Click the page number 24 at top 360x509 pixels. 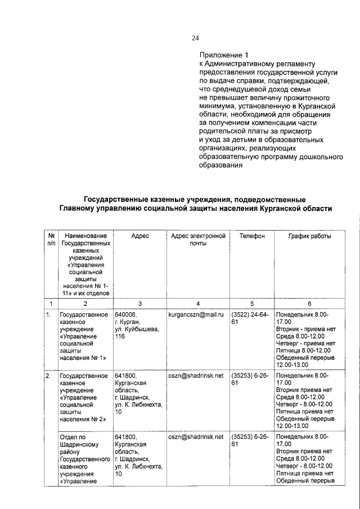coord(195,38)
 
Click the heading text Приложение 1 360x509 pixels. coord(223,55)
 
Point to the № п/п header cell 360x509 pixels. coord(51,240)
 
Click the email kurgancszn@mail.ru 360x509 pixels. coord(196,314)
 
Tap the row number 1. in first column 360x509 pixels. coord(49,314)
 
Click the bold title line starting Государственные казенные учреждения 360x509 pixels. coord(195,200)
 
